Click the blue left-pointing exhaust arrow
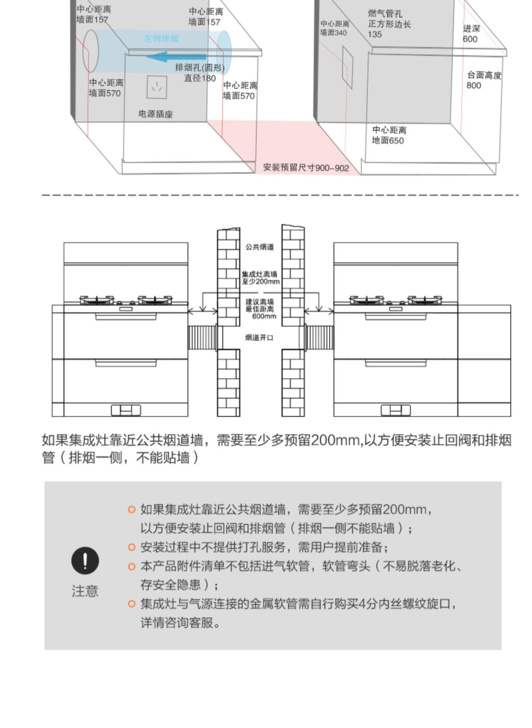point(176,57)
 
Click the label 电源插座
point(155,114)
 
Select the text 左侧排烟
point(161,38)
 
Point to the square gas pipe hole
point(348,67)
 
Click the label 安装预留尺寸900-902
point(306,167)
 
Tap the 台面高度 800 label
point(484,80)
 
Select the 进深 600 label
point(471,34)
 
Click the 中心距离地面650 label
point(389,135)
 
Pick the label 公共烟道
point(260,247)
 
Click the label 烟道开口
point(259,337)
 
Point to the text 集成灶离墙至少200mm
point(261,278)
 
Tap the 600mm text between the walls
point(264,316)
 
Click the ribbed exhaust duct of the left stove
point(202,337)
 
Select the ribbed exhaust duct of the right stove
point(320,337)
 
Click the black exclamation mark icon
point(85,561)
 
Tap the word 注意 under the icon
point(85,591)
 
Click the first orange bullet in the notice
point(132,510)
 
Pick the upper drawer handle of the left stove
point(126,316)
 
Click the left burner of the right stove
point(367,300)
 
